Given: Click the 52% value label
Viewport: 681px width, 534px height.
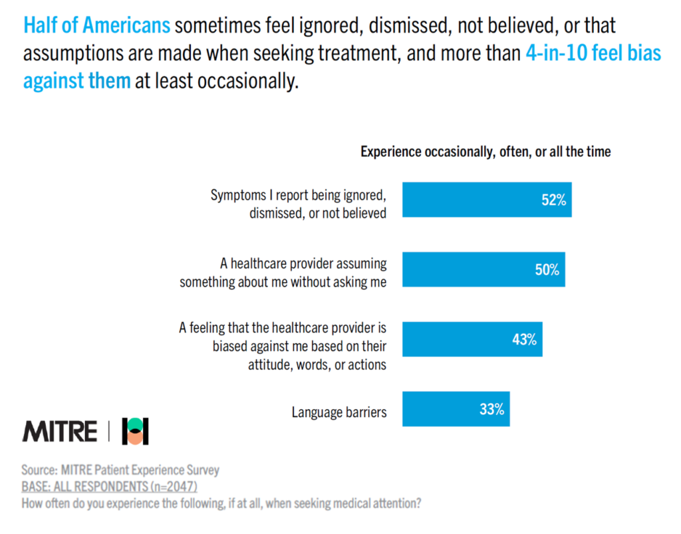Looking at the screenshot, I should tap(553, 200).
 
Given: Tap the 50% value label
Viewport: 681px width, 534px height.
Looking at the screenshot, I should tap(547, 270).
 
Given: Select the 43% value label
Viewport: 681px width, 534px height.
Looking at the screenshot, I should tap(524, 340).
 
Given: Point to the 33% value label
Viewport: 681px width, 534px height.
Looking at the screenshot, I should tap(491, 410).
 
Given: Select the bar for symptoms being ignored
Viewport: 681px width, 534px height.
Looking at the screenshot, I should tap(466, 200).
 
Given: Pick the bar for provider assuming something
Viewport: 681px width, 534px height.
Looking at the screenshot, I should tap(466, 269).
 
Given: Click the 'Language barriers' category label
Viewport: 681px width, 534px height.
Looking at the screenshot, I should tap(339, 412).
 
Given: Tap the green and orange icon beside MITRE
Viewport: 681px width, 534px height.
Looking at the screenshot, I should tap(135, 432).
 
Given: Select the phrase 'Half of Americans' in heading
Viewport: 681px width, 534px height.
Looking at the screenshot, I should tap(97, 26).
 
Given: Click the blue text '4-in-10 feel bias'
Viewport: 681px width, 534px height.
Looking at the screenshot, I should tap(593, 54).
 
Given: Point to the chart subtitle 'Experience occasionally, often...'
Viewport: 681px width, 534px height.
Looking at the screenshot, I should tap(485, 152).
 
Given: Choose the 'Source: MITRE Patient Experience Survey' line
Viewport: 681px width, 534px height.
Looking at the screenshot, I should tap(120, 470).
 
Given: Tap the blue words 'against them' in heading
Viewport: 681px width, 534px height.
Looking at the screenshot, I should tap(76, 82).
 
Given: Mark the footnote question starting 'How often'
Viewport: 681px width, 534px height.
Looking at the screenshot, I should tap(221, 503).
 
